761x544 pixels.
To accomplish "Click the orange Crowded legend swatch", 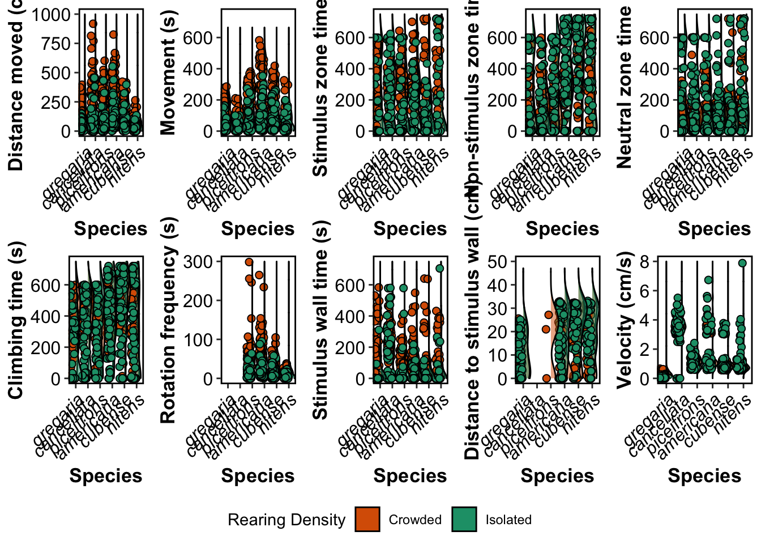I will [367, 520].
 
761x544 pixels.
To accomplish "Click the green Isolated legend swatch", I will [464, 520].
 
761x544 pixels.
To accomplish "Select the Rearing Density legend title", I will [287, 520].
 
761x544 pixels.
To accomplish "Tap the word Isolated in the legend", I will [508, 520].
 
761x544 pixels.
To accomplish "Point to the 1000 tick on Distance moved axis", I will [50, 14].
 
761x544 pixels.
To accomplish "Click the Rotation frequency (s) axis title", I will [168, 320].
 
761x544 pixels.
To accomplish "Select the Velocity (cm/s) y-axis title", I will [625, 320].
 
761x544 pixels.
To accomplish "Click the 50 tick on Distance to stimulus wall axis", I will [497, 262].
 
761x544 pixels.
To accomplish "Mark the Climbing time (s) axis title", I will [16, 320].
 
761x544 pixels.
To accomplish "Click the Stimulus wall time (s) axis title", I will [320, 320].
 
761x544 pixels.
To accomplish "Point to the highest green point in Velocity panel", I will [742, 263].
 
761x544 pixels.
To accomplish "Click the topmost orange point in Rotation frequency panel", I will [249, 262].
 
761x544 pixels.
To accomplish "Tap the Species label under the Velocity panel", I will [704, 476].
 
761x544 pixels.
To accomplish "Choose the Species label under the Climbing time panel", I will [106, 476].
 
